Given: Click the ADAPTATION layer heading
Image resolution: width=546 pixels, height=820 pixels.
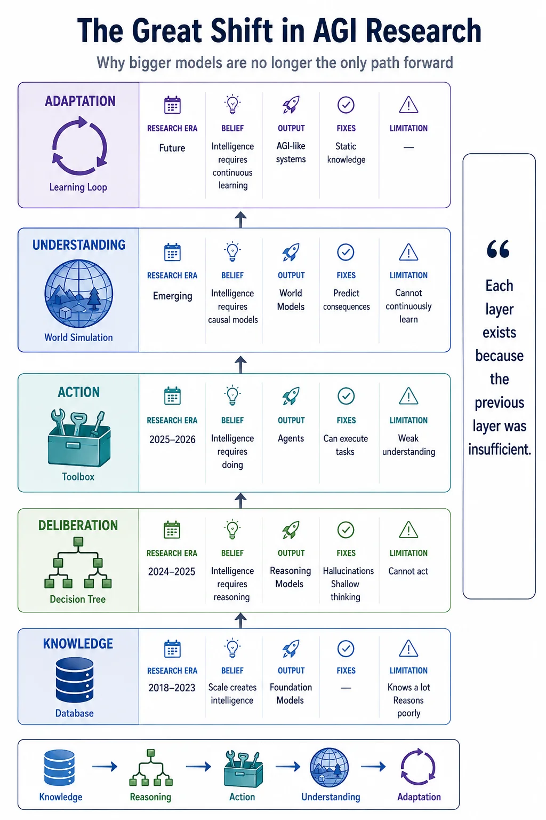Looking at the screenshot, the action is coord(80,101).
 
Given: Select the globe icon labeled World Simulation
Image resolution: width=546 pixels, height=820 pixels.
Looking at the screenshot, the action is coord(78,293).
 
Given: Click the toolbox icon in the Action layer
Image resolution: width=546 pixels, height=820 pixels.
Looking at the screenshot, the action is coord(78,438).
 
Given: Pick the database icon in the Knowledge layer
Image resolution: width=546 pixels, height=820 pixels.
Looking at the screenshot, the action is coord(75,680).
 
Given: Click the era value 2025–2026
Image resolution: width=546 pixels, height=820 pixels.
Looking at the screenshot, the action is coord(172,439).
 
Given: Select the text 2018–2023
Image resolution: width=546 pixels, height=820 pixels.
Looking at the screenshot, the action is coord(172,688).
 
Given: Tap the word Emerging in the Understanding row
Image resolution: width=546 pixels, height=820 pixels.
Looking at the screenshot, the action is coord(173,296).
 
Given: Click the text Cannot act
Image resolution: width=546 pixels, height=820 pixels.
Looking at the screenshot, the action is coord(408,571).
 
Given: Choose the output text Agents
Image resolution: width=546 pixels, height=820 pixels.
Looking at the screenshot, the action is coord(291,438).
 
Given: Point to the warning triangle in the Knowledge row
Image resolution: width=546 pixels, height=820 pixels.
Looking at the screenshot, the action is coord(408,648).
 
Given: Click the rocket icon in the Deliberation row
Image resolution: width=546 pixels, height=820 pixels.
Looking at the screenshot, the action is coord(291,530).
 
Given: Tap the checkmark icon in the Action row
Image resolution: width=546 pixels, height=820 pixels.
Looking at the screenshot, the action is coord(346,396).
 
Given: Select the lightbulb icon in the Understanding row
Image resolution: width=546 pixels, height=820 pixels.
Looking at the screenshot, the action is coord(232,251).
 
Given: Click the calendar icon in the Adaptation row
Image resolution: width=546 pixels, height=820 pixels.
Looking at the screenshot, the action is coord(172,105).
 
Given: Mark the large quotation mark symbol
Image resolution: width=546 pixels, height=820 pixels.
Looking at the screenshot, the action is coord(498,249).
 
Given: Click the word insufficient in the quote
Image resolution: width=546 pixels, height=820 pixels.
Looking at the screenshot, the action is coord(500,449).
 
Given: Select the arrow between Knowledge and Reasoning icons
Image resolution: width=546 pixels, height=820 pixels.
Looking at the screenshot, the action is coord(105,766).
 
